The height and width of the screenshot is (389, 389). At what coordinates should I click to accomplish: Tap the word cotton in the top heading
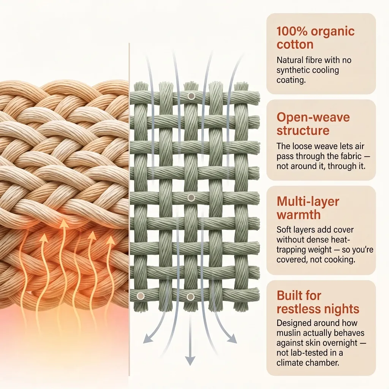295,44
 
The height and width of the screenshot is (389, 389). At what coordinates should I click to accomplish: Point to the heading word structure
303,130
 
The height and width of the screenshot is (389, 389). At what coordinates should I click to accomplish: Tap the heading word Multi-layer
308,201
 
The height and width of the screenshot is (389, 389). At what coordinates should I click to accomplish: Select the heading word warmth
299,214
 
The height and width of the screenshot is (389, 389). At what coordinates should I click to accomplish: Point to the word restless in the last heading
297,309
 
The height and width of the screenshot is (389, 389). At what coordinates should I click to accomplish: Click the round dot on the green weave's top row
191,96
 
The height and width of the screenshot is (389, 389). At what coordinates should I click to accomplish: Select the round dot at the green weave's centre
191,198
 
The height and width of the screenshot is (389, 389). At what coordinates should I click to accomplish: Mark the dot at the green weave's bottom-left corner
141,296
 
